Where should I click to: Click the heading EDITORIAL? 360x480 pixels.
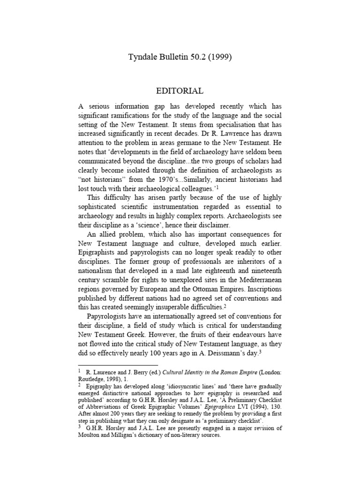pos(180,91)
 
